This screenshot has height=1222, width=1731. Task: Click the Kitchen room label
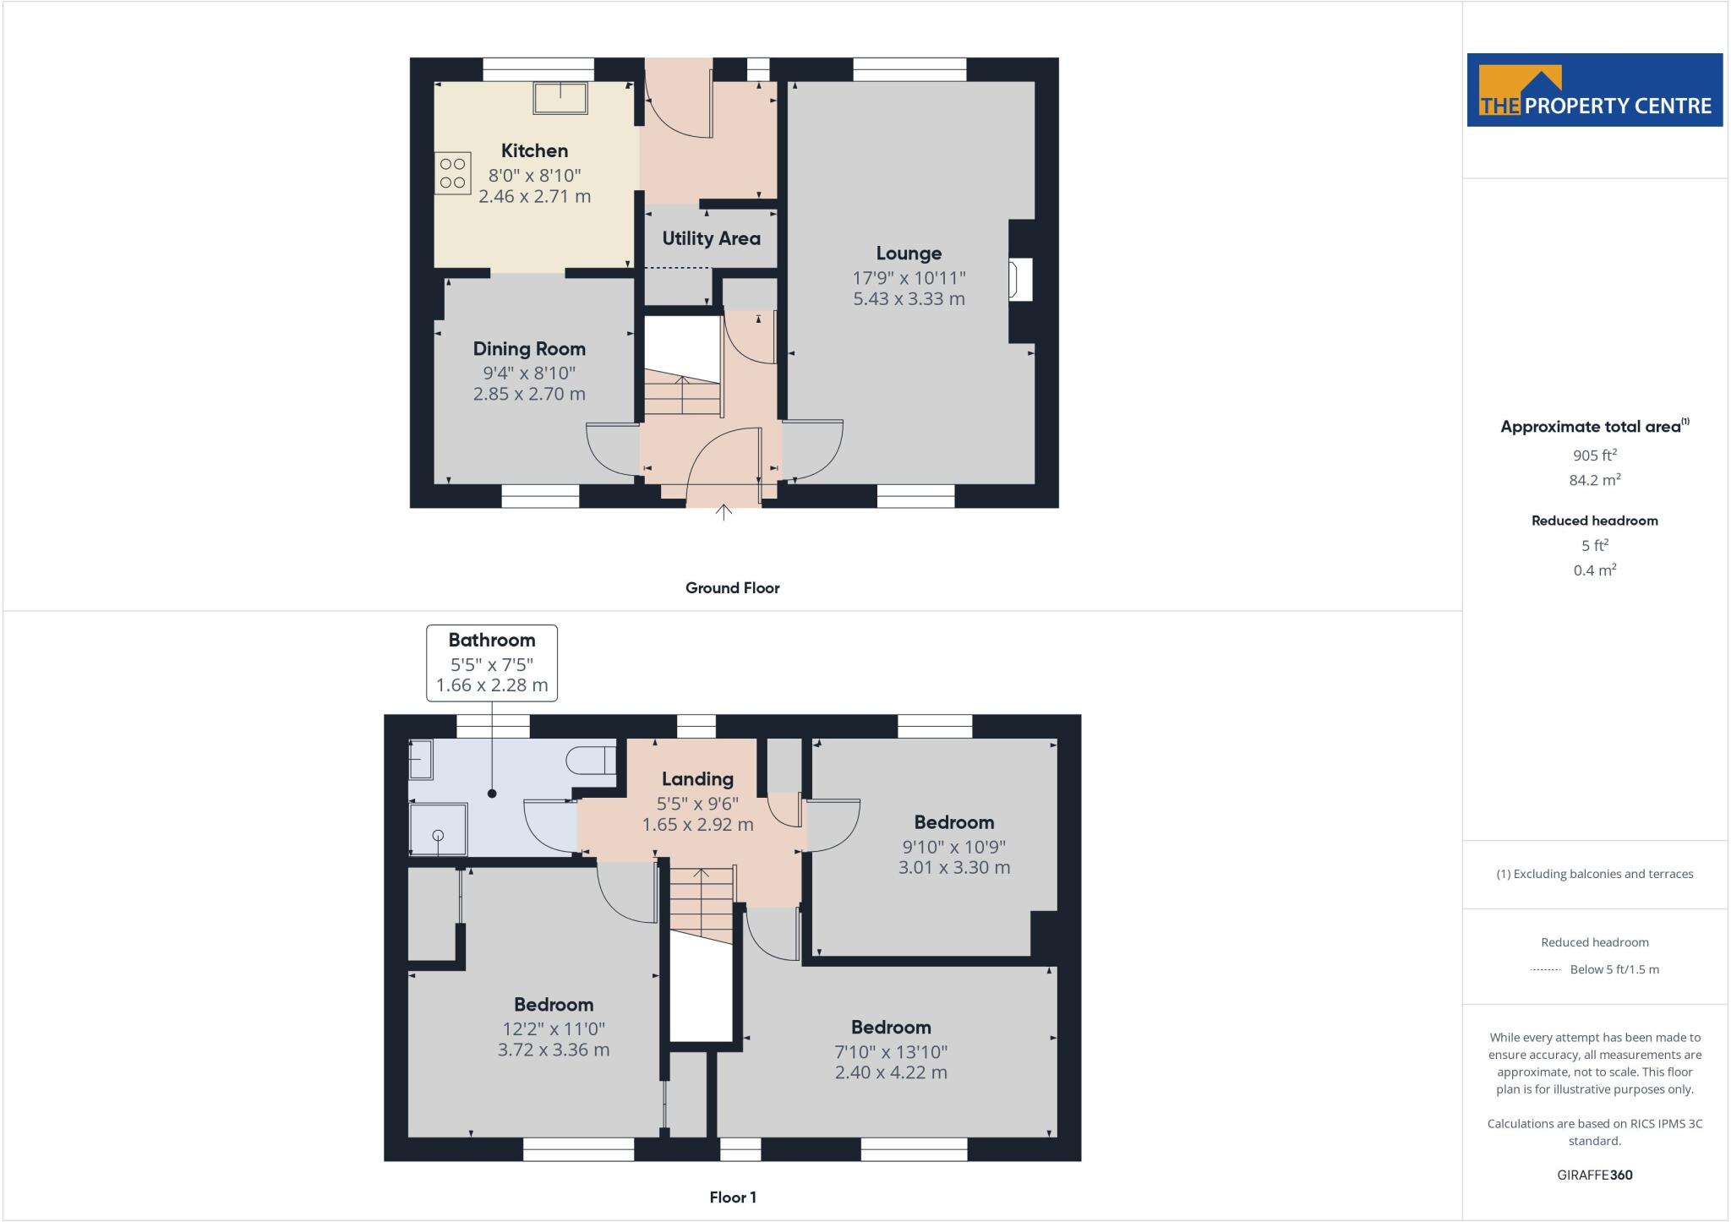(534, 151)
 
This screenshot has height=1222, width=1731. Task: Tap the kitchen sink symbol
(560, 98)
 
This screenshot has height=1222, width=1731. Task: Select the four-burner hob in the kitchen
(452, 173)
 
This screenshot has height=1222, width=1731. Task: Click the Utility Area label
(711, 239)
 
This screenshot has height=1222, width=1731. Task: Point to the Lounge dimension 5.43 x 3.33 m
(909, 299)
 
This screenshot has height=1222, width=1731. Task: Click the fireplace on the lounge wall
(1020, 281)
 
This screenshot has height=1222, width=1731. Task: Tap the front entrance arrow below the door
(724, 512)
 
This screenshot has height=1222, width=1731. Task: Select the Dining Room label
(529, 349)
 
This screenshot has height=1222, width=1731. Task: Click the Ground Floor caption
(732, 588)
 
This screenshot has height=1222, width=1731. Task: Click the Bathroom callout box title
(491, 641)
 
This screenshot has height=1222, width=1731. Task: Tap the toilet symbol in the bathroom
(592, 760)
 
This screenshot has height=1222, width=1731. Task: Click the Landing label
(697, 779)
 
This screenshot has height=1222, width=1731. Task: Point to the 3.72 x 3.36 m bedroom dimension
(554, 1050)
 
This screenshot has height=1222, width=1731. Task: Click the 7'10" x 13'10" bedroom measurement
(891, 1052)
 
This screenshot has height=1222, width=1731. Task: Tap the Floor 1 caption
(733, 1197)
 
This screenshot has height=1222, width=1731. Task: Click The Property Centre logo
(1594, 90)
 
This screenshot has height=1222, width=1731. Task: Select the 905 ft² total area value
(1594, 456)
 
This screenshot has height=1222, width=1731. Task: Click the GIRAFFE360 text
(1594, 1176)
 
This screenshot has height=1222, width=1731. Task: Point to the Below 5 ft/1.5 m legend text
(1614, 970)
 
